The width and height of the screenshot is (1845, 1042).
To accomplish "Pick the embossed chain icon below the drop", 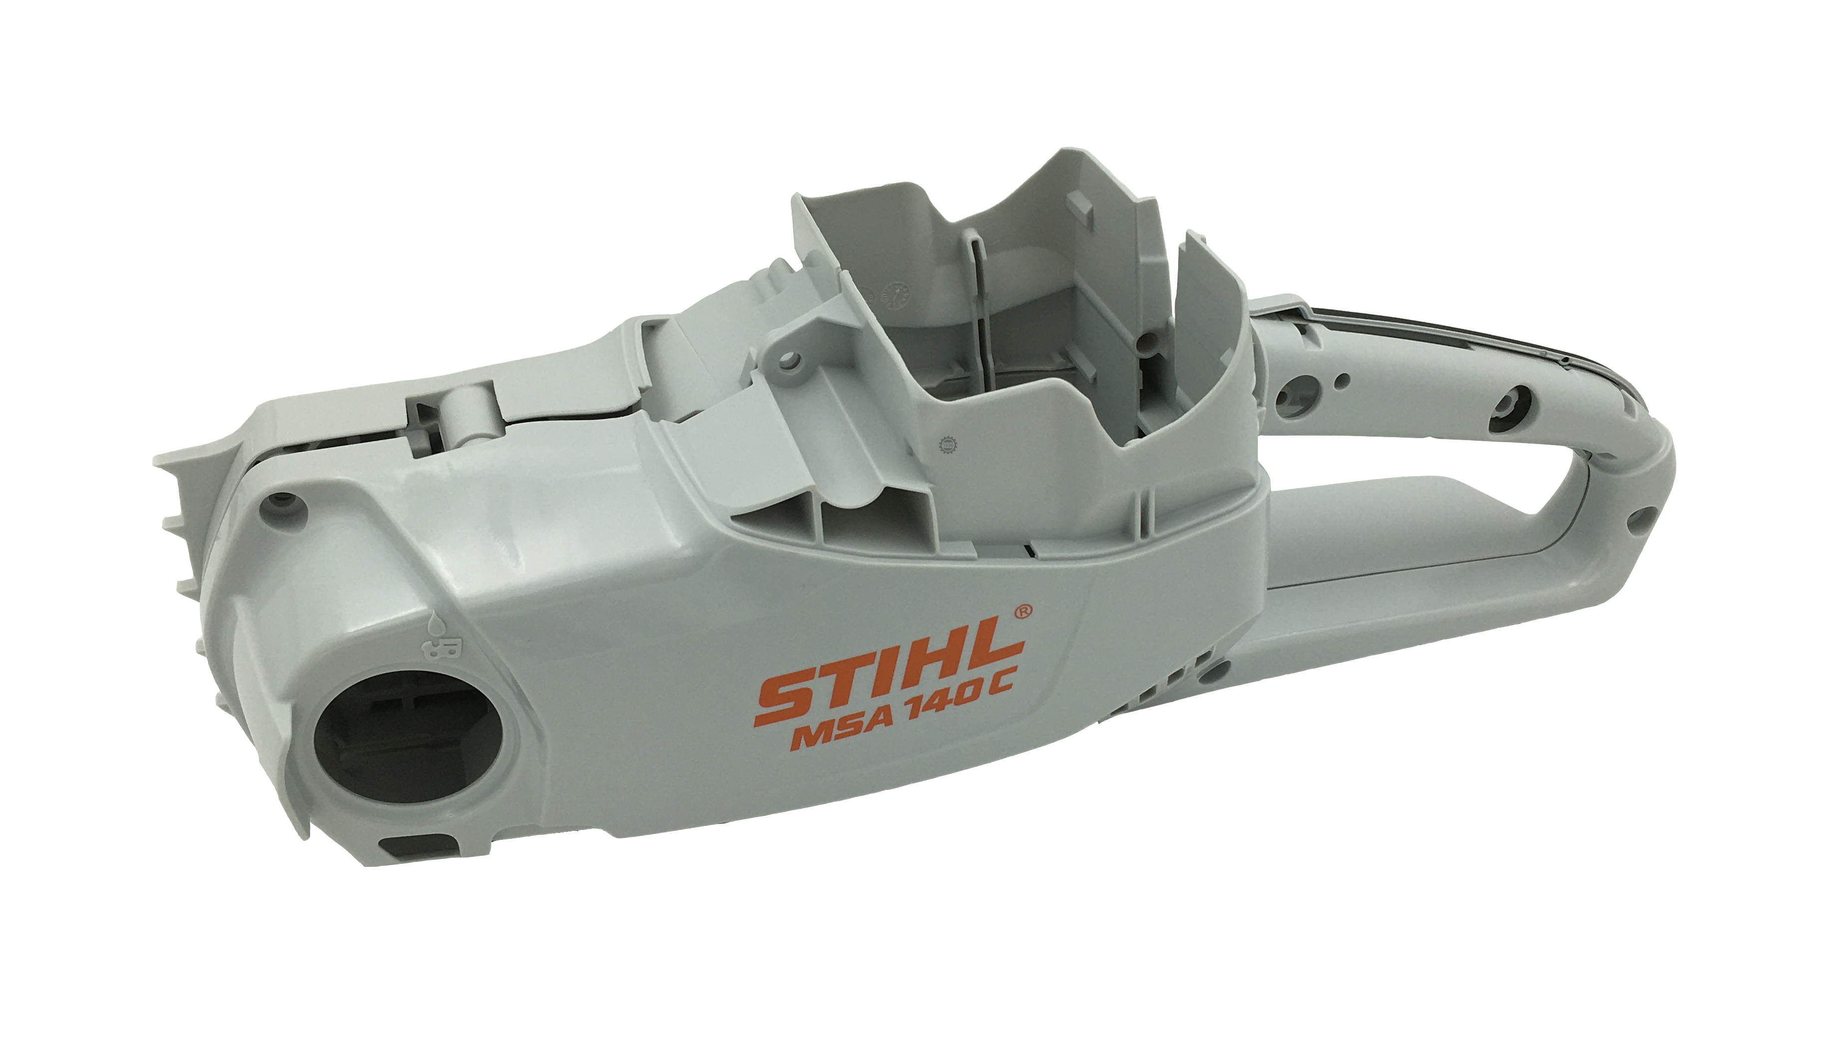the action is point(437,650).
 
